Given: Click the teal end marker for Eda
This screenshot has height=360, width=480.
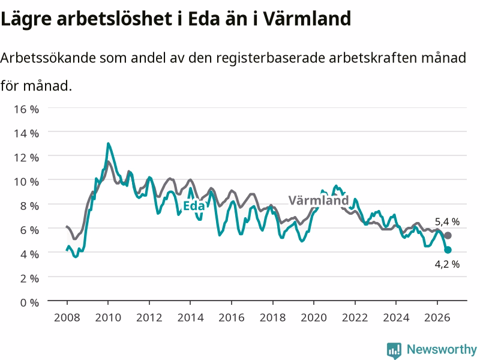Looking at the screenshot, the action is tap(448, 250).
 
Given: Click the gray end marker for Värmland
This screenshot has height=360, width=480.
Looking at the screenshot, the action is tap(448, 235).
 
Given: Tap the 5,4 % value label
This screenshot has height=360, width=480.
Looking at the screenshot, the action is tap(447, 221).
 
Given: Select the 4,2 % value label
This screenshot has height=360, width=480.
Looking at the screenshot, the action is tap(447, 264).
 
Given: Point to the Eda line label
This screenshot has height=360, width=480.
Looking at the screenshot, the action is tap(193, 206).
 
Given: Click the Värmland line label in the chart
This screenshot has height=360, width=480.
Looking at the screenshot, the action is tap(319, 200).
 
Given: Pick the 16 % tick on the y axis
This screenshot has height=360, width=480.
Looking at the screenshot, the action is tap(26, 109).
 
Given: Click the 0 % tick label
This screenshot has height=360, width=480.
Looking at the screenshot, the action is tap(29, 302).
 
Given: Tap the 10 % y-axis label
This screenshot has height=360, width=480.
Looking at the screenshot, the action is tap(26, 182).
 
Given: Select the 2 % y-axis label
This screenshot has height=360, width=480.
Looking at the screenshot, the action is tap(29, 278).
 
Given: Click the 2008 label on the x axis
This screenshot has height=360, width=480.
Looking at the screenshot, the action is tap(67, 317).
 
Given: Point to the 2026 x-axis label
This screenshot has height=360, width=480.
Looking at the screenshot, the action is tap(437, 317).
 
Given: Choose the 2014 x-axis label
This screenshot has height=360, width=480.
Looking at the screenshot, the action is tap(190, 317).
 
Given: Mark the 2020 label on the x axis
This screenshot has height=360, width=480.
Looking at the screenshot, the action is tap(314, 317).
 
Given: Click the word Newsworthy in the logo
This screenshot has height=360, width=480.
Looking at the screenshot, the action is tap(442, 349).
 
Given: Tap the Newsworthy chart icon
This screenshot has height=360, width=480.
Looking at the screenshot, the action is tap(394, 350).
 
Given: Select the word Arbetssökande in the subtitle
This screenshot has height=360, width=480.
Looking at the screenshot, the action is tap(48, 58).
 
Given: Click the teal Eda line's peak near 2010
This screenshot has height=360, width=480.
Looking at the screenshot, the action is tap(108, 143).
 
